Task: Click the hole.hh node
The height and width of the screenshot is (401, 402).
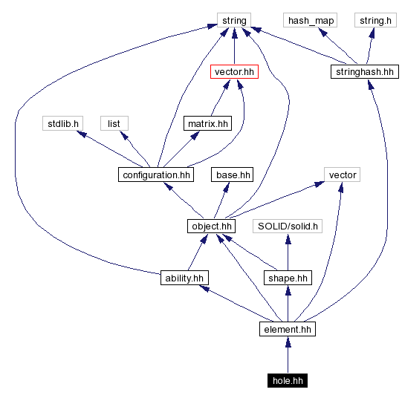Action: tap(288, 380)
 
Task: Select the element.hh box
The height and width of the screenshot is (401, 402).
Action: tap(288, 329)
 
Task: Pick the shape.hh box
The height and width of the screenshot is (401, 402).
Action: tap(288, 278)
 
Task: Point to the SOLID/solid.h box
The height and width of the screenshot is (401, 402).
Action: tap(288, 226)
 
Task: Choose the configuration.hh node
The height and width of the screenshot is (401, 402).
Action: tap(155, 175)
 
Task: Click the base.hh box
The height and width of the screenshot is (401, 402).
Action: tap(233, 175)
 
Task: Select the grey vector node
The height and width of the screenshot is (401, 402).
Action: tap(342, 175)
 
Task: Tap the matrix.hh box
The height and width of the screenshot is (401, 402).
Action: tap(207, 123)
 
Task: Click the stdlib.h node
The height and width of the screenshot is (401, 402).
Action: tap(61, 123)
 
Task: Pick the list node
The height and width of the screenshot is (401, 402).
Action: tap(114, 123)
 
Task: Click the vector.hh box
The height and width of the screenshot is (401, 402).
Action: tap(235, 72)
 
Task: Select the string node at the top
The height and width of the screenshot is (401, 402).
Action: tap(234, 20)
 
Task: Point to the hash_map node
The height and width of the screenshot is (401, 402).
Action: tap(309, 20)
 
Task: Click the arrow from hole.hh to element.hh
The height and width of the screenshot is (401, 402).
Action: tap(288, 355)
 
